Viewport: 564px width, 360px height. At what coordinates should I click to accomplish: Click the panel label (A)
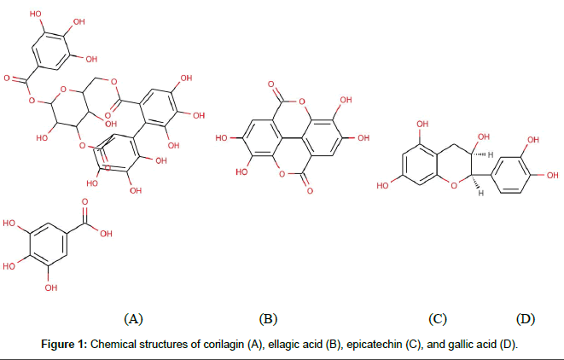[133, 320]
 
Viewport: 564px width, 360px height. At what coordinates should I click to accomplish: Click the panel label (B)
[268, 320]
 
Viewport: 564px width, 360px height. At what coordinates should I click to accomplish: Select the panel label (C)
[438, 320]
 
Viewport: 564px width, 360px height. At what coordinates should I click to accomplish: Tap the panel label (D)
[526, 320]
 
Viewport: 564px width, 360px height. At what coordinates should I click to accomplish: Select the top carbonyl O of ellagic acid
[270, 86]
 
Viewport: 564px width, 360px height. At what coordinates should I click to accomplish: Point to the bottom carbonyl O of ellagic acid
[309, 188]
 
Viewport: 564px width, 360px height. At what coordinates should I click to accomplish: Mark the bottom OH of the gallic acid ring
[50, 287]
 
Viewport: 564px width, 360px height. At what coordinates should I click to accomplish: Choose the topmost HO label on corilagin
[35, 15]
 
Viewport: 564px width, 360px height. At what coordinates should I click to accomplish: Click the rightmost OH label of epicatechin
[551, 176]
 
